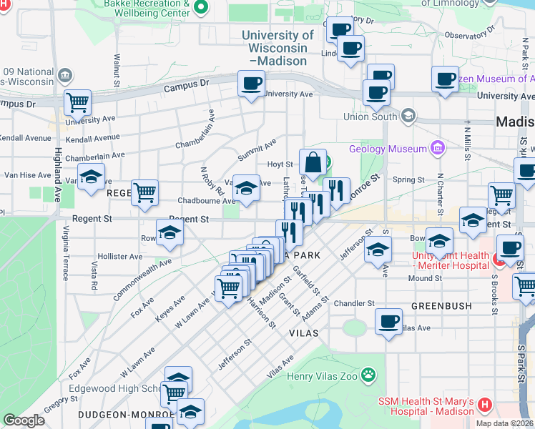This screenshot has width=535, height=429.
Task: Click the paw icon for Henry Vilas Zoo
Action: (x=368, y=374)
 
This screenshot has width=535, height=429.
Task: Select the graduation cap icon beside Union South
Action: (x=408, y=115)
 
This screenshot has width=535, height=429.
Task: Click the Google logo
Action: (x=24, y=420)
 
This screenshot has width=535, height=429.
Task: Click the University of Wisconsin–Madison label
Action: (x=278, y=48)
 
